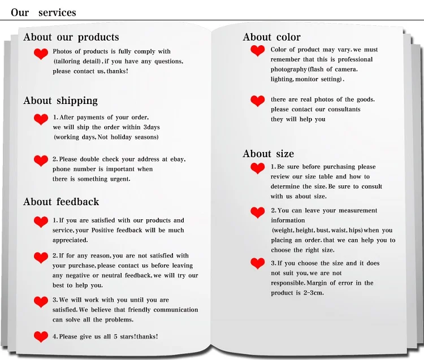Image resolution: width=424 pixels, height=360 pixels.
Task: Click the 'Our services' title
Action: [x=43, y=12]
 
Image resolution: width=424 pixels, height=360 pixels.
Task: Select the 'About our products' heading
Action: [x=71, y=37]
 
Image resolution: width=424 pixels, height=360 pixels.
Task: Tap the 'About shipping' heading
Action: [x=60, y=101]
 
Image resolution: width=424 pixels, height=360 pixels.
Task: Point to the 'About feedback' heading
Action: [x=61, y=202]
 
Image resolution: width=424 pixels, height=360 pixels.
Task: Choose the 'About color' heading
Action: [x=271, y=37]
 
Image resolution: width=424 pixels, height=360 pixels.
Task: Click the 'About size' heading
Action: [x=268, y=154]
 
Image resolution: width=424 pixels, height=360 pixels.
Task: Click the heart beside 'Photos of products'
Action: [x=41, y=54]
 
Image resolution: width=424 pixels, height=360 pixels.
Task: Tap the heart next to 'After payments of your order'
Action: [x=41, y=119]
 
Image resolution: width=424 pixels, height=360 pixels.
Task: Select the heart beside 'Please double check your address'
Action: [x=41, y=161]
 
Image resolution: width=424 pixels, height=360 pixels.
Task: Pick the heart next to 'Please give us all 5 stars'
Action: [x=41, y=337]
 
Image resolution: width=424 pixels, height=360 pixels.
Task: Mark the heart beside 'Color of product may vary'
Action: [x=257, y=51]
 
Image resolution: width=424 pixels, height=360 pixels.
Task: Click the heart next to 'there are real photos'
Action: [x=257, y=101]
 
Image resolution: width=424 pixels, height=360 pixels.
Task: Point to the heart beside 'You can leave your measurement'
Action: [x=257, y=212]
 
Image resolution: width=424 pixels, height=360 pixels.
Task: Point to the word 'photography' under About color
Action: [x=288, y=70]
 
